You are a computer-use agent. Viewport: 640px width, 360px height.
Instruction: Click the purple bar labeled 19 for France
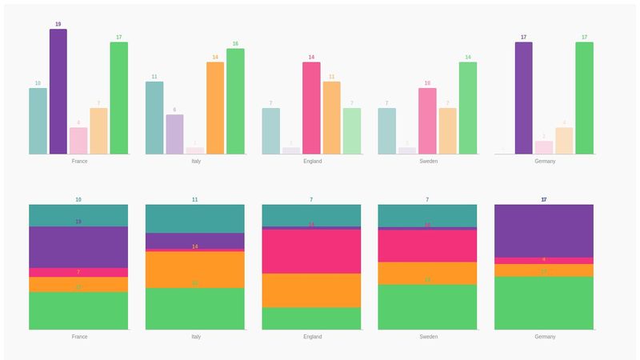(x=58, y=92)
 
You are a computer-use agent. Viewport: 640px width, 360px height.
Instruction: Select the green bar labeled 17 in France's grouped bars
(x=118, y=98)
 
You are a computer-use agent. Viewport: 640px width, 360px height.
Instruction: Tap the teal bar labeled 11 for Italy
(x=154, y=118)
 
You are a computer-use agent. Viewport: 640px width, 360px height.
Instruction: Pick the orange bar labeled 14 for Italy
(x=215, y=108)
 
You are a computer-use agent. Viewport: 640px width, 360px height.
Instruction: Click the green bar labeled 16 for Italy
(x=235, y=102)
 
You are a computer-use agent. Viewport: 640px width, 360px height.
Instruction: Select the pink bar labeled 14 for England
(x=311, y=108)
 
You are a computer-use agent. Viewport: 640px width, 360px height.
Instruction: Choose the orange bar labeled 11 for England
(x=331, y=118)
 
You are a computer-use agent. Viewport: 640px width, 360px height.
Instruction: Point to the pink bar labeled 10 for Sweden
(x=427, y=121)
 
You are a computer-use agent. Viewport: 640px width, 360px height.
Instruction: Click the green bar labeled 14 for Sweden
(x=468, y=108)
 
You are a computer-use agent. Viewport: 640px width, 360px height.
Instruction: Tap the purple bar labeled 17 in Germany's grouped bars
(x=524, y=98)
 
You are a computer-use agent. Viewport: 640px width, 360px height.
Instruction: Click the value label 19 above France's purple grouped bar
(x=58, y=25)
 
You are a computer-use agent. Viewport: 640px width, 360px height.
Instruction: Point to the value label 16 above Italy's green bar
(x=235, y=44)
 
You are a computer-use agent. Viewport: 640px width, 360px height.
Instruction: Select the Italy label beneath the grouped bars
(x=195, y=161)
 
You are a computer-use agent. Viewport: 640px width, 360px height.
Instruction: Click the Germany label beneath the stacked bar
(x=545, y=337)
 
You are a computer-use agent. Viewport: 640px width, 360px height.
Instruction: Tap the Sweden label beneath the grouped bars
(x=428, y=161)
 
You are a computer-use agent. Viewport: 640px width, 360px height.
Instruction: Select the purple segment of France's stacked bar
(x=78, y=247)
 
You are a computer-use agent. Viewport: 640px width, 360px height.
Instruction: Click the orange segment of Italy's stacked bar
(x=195, y=270)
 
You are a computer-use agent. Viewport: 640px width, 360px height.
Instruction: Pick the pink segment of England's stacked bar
(x=311, y=252)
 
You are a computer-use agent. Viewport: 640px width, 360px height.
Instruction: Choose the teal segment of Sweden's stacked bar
(x=427, y=216)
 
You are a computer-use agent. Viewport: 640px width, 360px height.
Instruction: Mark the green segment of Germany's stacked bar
(x=544, y=303)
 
